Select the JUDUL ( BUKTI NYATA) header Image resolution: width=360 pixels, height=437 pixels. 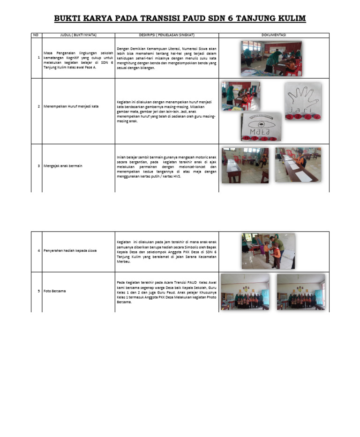[x=78, y=35]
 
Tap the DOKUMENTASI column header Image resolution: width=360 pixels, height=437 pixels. [x=274, y=35]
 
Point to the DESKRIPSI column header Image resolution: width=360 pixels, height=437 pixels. [x=166, y=35]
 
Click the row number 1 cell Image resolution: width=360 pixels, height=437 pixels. [x=38, y=58]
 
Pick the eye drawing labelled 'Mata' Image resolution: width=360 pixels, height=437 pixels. [x=262, y=127]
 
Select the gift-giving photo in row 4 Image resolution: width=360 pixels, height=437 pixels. [x=269, y=251]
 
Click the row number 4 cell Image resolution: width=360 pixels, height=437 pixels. [x=38, y=251]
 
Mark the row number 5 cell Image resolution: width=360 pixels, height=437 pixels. [x=38, y=292]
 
